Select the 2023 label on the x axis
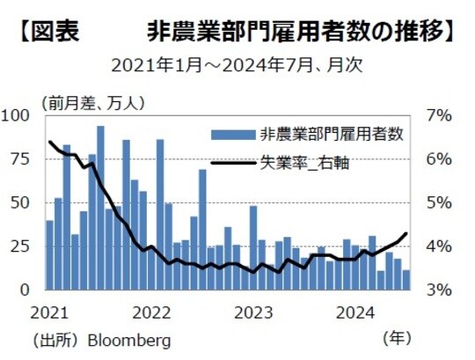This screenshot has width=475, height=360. click(255, 312)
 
